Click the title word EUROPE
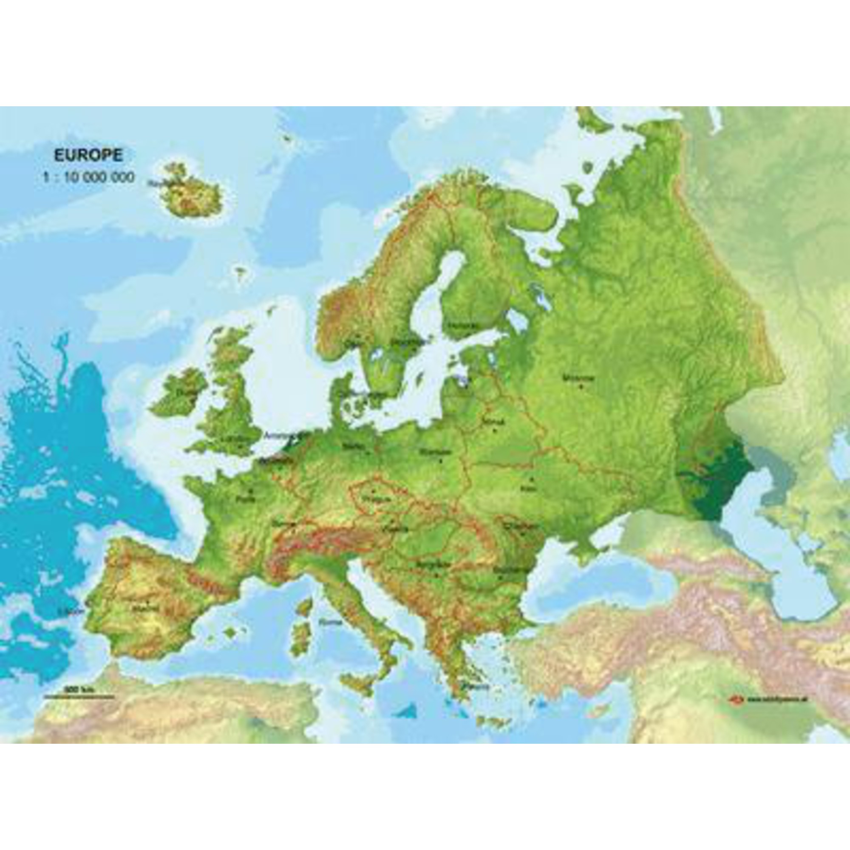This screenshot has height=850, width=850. click(88, 155)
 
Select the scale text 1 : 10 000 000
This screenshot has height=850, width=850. click(88, 178)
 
